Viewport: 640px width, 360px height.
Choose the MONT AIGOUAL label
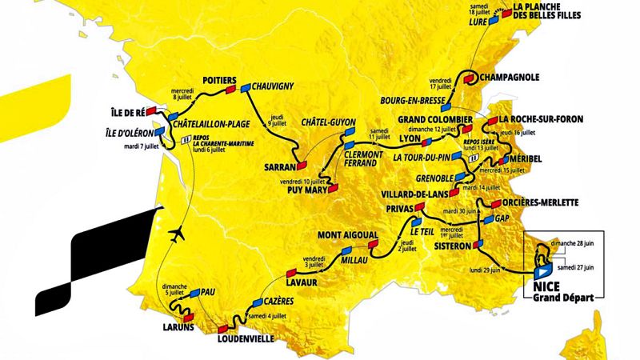coord(346,234)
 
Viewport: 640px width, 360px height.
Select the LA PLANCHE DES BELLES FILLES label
coord(553,10)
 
